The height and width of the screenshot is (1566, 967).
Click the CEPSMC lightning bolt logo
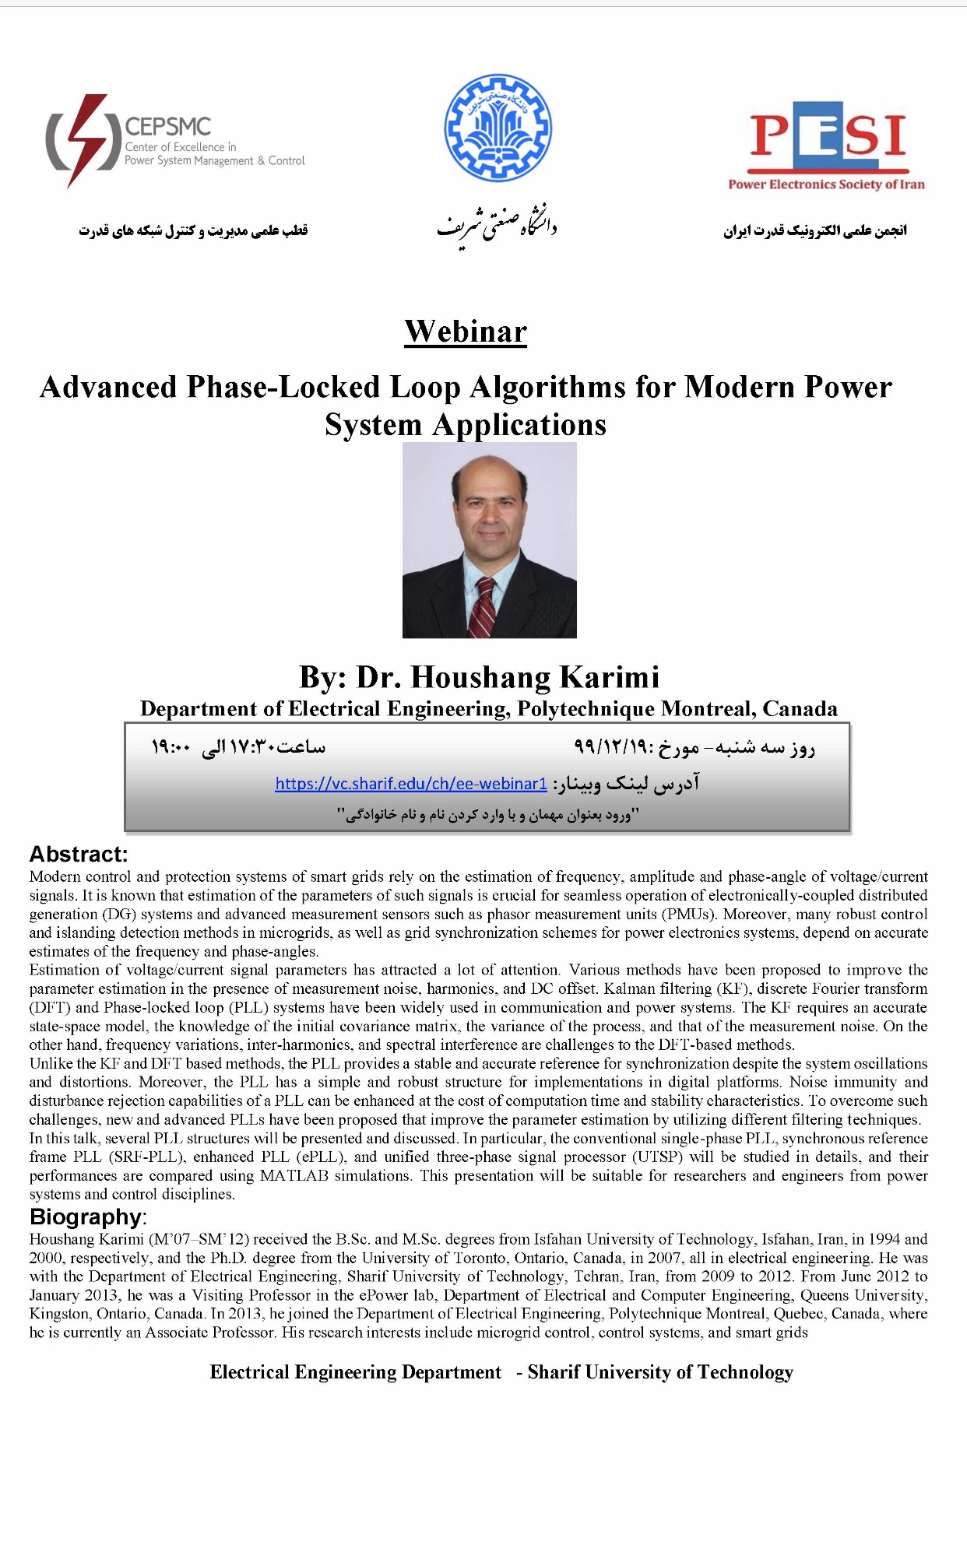(x=82, y=140)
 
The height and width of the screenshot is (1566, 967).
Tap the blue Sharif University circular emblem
(x=498, y=128)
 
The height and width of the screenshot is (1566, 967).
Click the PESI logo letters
(x=828, y=137)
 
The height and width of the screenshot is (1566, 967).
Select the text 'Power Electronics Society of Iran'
(x=826, y=184)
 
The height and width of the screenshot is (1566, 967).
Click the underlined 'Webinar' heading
(x=466, y=332)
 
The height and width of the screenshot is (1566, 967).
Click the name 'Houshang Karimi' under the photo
(x=535, y=677)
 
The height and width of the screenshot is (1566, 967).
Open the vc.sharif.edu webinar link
(x=411, y=783)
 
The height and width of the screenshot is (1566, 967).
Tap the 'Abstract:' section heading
(x=79, y=854)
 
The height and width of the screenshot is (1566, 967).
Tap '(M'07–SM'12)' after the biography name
(x=199, y=1239)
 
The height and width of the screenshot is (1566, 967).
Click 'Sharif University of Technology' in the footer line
(x=660, y=1372)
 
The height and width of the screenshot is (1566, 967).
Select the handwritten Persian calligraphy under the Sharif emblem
(x=497, y=226)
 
